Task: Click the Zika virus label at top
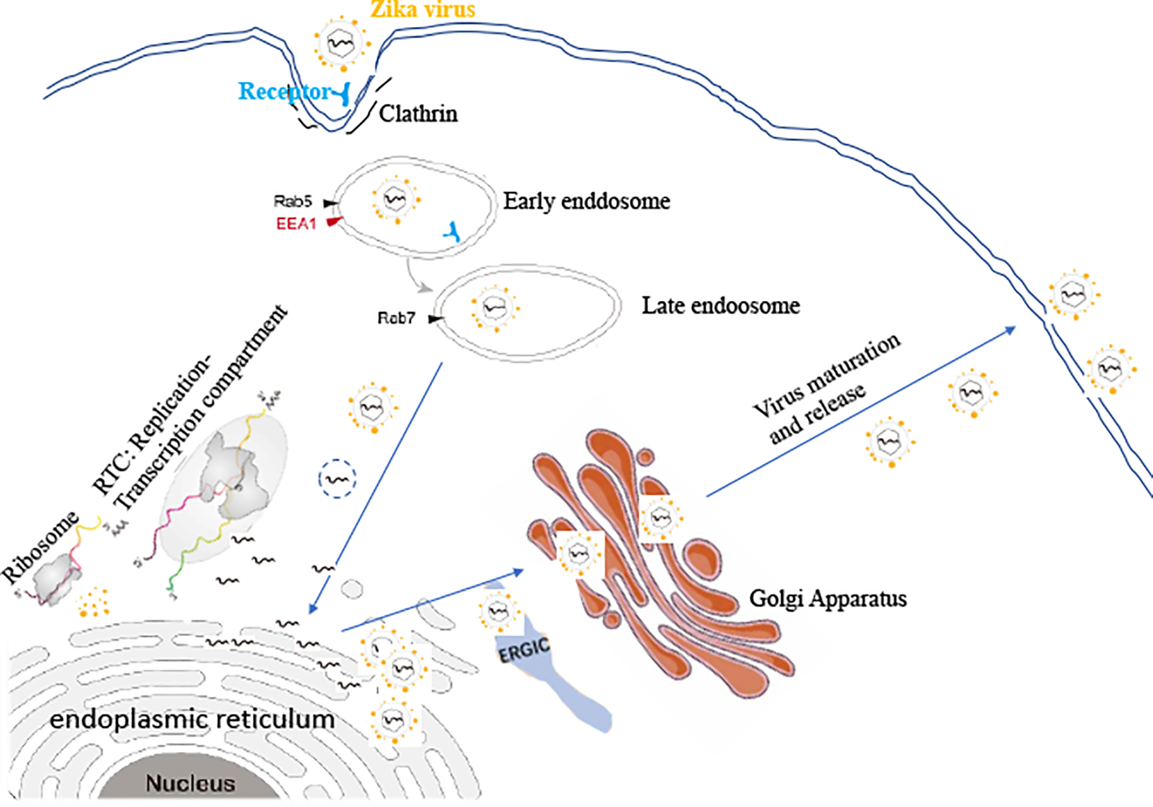[x=423, y=9]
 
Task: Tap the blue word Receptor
[x=284, y=92]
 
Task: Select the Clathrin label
[x=418, y=114]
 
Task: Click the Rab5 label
[x=293, y=202]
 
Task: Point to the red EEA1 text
[x=296, y=224]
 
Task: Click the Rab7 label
[x=396, y=318]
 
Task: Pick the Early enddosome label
[x=586, y=201]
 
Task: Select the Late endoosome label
[x=721, y=306]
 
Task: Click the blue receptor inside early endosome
[x=452, y=232]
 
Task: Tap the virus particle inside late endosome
[x=495, y=308]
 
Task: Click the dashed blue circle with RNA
[x=338, y=478]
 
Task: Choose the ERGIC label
[x=524, y=651]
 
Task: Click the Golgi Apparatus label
[x=828, y=599]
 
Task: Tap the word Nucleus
[x=190, y=783]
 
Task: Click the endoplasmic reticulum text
[x=192, y=719]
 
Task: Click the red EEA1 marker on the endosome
[x=334, y=222]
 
